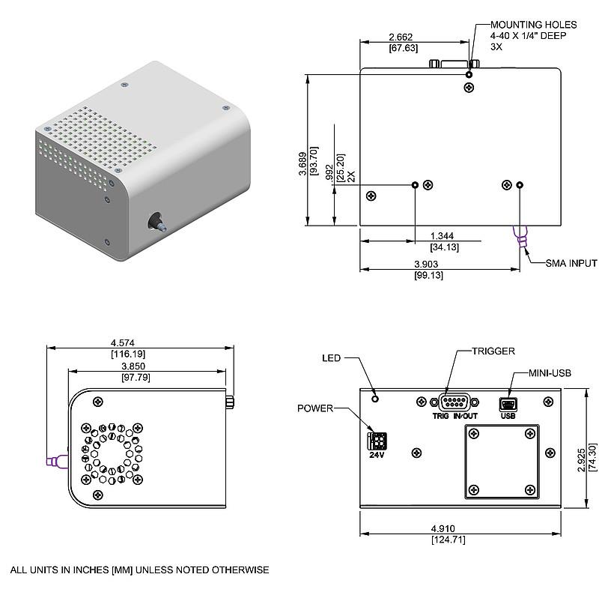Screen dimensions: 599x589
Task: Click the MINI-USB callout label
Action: pyautogui.click(x=550, y=373)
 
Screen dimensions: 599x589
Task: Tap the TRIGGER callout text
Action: pyautogui.click(x=493, y=351)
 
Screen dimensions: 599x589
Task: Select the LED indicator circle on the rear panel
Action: pyautogui.click(x=375, y=399)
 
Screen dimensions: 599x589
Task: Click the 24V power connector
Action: pyautogui.click(x=377, y=441)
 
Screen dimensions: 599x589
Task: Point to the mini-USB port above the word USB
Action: pyautogui.click(x=508, y=405)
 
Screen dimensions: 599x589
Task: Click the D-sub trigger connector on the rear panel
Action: pyautogui.click(x=454, y=402)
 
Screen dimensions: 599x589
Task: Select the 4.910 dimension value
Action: pyautogui.click(x=443, y=528)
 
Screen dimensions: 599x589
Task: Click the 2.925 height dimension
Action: pyautogui.click(x=581, y=460)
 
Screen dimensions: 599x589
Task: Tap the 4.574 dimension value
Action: pyautogui.click(x=123, y=343)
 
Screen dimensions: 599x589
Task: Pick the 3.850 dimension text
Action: pyautogui.click(x=133, y=366)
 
